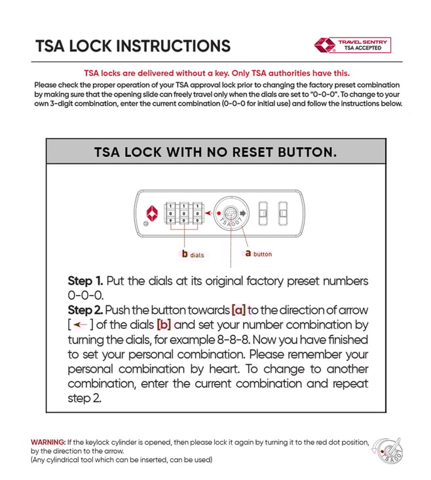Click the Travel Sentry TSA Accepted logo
tap(352, 45)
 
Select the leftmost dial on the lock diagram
tap(171, 213)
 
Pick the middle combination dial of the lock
tap(183, 213)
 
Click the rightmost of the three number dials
tap(195, 213)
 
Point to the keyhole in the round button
tap(231, 213)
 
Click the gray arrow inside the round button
tap(244, 213)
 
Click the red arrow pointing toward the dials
tap(208, 213)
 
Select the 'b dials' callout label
tap(193, 254)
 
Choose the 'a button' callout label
tap(258, 254)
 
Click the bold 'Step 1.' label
tap(85, 281)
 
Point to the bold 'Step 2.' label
tap(85, 310)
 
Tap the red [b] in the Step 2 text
tap(164, 324)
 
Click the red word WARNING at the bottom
tap(48, 442)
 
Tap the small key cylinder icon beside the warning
tap(389, 451)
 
